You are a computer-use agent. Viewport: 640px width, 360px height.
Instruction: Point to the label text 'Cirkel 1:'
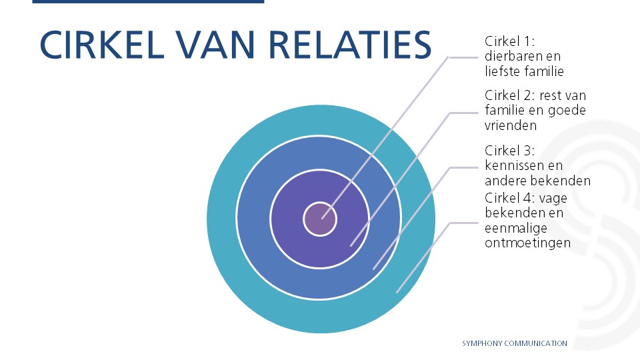click(507, 42)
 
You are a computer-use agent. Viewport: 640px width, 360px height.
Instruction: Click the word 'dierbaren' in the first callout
click(511, 57)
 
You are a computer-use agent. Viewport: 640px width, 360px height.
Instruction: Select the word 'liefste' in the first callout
click(503, 71)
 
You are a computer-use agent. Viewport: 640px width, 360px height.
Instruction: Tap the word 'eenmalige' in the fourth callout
click(513, 229)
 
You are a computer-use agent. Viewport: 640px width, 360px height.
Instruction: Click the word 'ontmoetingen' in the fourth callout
click(527, 243)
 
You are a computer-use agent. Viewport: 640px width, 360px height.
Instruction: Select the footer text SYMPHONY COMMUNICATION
click(515, 343)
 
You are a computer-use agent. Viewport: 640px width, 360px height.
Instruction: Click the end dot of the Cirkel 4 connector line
click(397, 291)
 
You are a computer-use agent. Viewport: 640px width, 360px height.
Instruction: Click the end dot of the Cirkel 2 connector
click(351, 245)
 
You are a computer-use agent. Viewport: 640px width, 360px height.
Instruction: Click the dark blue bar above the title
click(147, 2)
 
